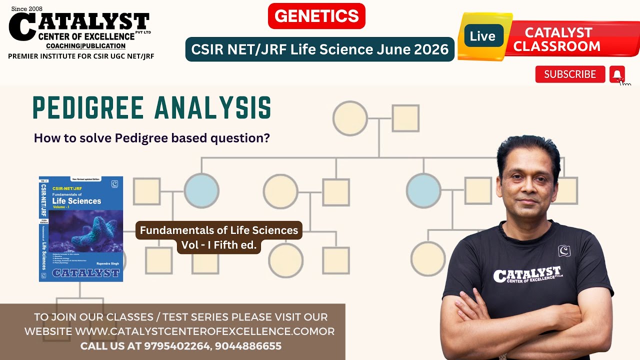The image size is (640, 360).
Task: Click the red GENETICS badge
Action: (x=316, y=16)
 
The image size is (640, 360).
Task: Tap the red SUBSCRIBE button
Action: (x=570, y=74)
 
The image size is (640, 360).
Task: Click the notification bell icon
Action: (x=617, y=74)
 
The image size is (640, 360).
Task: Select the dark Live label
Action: (x=482, y=36)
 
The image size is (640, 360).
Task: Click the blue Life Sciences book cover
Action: (x=81, y=228)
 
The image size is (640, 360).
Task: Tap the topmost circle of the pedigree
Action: (x=350, y=118)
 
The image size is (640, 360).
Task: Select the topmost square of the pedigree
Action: (x=405, y=118)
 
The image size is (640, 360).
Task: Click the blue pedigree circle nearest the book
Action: (x=201, y=191)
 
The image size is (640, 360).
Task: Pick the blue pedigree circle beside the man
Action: (x=423, y=191)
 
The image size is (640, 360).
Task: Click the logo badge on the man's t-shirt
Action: (x=564, y=250)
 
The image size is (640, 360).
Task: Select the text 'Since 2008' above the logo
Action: (x=27, y=8)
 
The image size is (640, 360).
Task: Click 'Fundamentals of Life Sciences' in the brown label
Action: (x=218, y=230)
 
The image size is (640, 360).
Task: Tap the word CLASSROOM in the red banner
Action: (x=557, y=46)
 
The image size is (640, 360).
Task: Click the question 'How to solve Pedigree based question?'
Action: (x=151, y=137)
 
